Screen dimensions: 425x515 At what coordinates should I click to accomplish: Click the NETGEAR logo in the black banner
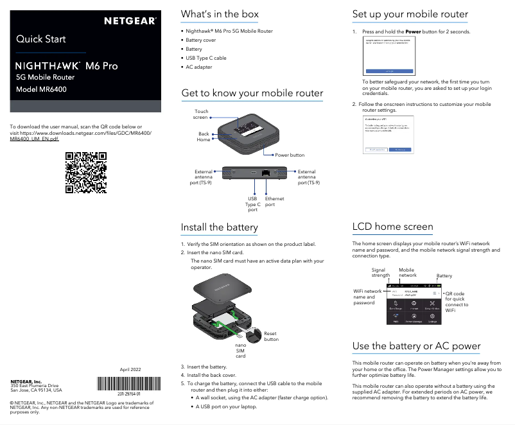tap(130, 21)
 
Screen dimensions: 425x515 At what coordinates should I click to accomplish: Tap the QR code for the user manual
tap(86, 172)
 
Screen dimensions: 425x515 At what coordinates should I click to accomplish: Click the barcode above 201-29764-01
tap(128, 385)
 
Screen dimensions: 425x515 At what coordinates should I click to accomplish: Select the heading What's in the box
tap(220, 14)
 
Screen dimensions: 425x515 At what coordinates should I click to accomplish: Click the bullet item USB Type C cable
tap(205, 58)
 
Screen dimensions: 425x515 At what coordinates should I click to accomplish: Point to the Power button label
tap(290, 155)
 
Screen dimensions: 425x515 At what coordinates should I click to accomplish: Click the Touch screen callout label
tap(201, 114)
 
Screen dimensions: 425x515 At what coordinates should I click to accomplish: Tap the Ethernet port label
tap(274, 202)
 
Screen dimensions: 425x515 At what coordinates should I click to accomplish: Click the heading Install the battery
tap(219, 227)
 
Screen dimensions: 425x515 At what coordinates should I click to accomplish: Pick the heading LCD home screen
tap(392, 227)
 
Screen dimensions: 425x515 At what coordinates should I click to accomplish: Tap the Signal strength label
tap(378, 273)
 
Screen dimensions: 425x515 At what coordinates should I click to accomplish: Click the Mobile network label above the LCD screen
tap(407, 272)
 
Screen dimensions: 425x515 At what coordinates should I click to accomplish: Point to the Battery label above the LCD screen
tap(444, 276)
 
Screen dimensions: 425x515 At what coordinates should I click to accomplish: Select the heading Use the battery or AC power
tap(416, 346)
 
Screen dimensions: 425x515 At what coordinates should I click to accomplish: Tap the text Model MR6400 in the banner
tap(42, 89)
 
